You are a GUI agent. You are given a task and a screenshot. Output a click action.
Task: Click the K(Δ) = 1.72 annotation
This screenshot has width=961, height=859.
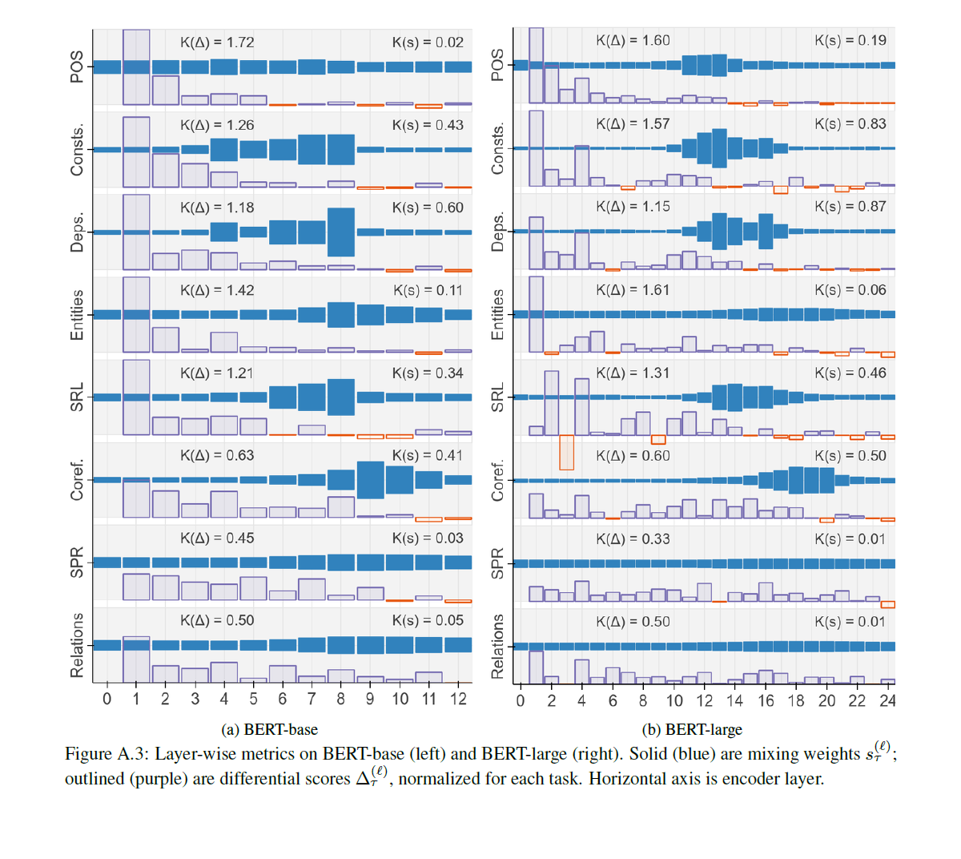point(217,42)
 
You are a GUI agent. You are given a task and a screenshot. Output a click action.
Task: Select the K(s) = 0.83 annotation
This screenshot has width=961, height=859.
point(850,123)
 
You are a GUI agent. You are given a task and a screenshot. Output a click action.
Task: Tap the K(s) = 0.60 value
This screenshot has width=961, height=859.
point(428,208)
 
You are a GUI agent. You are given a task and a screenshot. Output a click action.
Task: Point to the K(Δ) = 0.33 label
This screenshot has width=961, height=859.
point(633,538)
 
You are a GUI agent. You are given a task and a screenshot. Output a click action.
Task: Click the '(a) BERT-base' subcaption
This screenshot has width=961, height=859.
point(269,729)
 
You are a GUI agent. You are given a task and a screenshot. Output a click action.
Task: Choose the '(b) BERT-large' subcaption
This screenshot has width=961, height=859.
point(692,729)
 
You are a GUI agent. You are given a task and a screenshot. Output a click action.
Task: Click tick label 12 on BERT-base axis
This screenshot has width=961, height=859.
point(458,699)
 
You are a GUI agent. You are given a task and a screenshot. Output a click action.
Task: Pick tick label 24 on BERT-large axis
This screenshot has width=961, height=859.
point(887,700)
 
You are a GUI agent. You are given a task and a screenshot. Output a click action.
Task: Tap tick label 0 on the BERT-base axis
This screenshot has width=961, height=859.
point(107,699)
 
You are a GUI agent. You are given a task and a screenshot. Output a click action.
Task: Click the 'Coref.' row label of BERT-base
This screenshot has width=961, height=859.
point(77,480)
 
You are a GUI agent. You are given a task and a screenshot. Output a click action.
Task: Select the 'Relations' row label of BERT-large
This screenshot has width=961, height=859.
point(497,646)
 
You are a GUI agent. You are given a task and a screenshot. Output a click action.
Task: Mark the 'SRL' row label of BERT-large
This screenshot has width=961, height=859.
point(497,397)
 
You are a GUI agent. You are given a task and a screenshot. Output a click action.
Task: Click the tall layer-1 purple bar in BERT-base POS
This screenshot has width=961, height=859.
point(136,67)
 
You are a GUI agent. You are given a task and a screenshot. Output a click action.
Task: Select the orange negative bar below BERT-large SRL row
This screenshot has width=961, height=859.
point(566,452)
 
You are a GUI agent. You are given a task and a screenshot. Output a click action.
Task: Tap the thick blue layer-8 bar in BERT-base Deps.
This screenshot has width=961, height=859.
point(341,232)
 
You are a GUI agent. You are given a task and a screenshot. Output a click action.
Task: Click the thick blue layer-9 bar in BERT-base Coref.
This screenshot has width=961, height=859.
point(371,480)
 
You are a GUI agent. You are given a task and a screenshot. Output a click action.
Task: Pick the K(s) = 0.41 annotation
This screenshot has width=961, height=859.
point(428,455)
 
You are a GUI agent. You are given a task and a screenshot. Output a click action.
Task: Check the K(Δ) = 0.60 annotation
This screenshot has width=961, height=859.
point(633,455)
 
